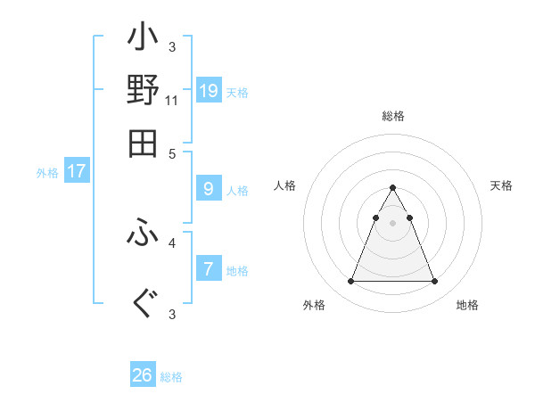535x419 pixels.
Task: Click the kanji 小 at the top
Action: [x=143, y=40]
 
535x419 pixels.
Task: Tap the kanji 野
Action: [x=143, y=91]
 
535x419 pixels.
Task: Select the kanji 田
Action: [x=143, y=143]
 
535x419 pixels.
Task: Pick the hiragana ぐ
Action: [x=143, y=304]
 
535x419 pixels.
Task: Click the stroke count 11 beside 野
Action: [x=172, y=101]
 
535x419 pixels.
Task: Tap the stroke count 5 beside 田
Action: [x=172, y=152]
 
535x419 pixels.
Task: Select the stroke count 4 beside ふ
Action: [x=172, y=242]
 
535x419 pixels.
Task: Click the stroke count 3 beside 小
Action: [x=172, y=46]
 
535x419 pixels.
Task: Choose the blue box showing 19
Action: [x=209, y=90]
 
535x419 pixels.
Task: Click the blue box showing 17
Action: [x=76, y=171]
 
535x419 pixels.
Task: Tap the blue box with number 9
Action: [x=209, y=188]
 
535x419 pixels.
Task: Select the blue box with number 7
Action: [x=209, y=268]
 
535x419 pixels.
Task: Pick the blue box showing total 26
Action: [x=143, y=375]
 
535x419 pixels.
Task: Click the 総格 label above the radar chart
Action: [x=393, y=117]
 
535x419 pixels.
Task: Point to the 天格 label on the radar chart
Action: [x=501, y=185]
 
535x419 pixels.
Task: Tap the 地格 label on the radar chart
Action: [x=467, y=305]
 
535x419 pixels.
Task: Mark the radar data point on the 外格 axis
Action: [x=350, y=282]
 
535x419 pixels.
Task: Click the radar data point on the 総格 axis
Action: [x=392, y=188]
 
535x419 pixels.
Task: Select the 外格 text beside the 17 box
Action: [x=47, y=173]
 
